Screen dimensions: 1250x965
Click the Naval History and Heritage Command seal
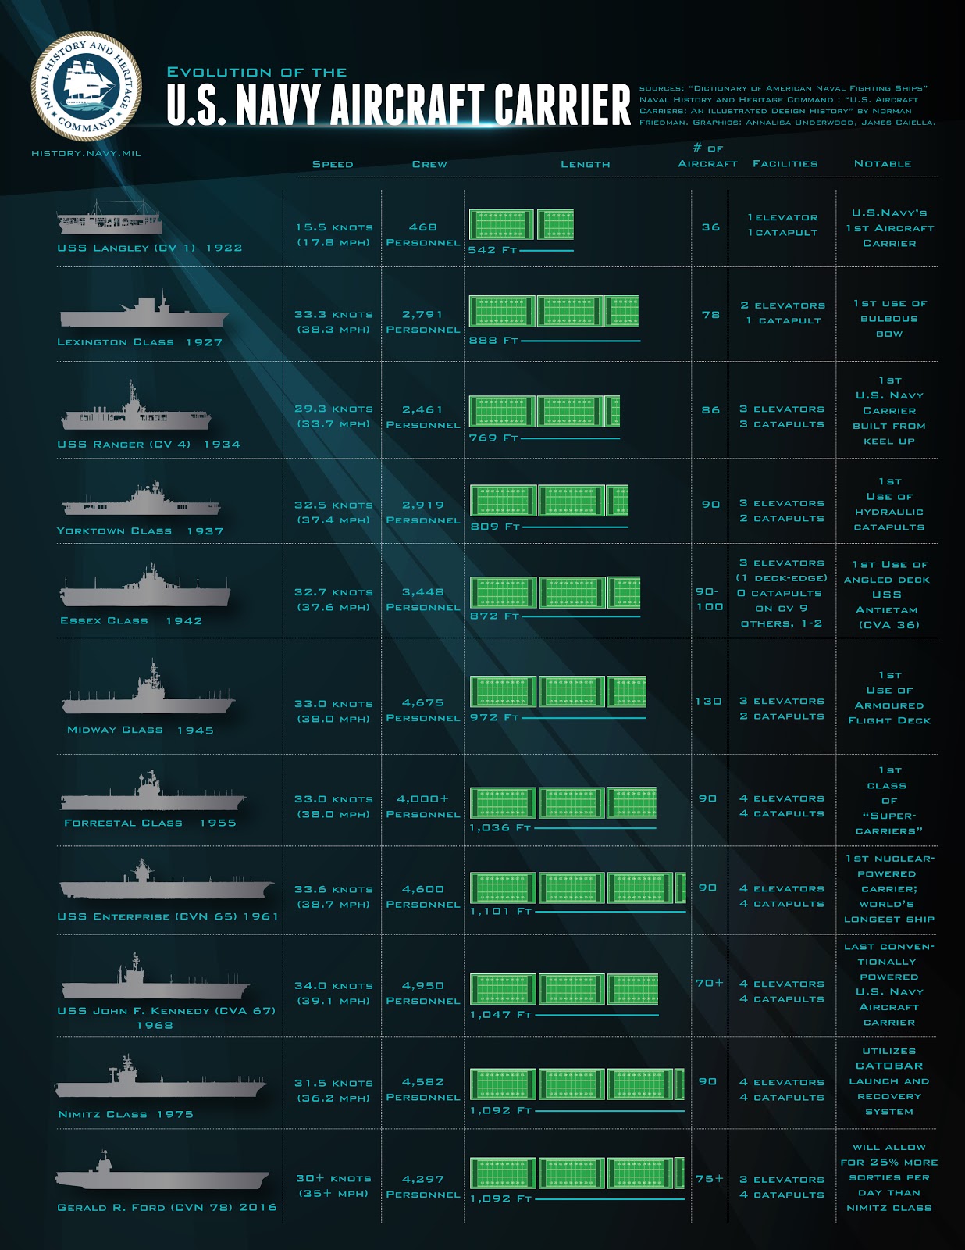click(x=87, y=85)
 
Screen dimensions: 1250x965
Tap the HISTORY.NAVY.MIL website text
click(x=86, y=153)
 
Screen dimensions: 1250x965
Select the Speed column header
click(x=333, y=164)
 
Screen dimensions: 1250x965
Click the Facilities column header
click(x=785, y=163)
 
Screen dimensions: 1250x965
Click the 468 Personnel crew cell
click(x=422, y=234)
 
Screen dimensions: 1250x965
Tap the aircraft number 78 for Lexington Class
click(x=710, y=314)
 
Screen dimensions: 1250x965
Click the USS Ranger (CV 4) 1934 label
click(x=148, y=444)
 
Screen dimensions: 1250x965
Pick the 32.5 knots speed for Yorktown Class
click(x=333, y=505)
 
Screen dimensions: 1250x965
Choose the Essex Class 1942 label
click(x=131, y=620)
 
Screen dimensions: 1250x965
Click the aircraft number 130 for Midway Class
click(x=708, y=701)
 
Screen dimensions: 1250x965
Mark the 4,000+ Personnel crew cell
click(x=422, y=806)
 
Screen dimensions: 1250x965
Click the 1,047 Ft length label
click(x=500, y=1014)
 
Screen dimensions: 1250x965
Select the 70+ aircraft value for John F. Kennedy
click(x=709, y=983)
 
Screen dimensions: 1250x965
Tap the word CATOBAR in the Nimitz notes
click(x=888, y=1066)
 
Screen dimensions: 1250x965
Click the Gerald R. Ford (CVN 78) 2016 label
click(x=167, y=1207)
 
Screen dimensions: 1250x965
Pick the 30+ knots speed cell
click(x=333, y=1178)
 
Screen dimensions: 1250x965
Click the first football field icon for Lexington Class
click(x=502, y=311)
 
